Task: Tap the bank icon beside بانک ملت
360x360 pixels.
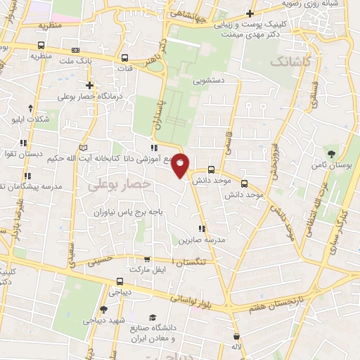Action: [x=75, y=50]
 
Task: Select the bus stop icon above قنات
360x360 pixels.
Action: [x=124, y=58]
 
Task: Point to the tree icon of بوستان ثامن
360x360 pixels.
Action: [x=330, y=153]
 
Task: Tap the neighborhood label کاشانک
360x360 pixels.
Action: [x=289, y=62]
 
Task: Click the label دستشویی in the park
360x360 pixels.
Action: [x=210, y=80]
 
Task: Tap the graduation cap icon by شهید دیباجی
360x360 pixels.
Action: [x=103, y=309]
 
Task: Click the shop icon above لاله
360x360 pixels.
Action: [x=236, y=336]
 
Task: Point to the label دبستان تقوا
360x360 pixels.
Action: [x=21, y=153]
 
